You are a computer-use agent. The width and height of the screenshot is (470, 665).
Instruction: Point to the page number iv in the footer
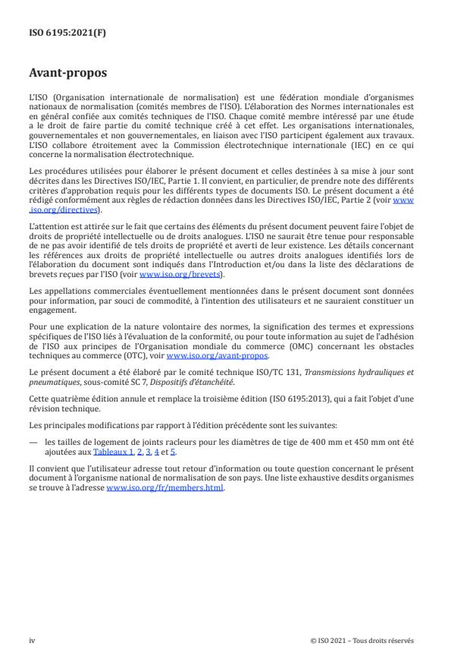tap(33, 641)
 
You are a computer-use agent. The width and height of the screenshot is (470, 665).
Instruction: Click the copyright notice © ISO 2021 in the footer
tap(362, 641)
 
